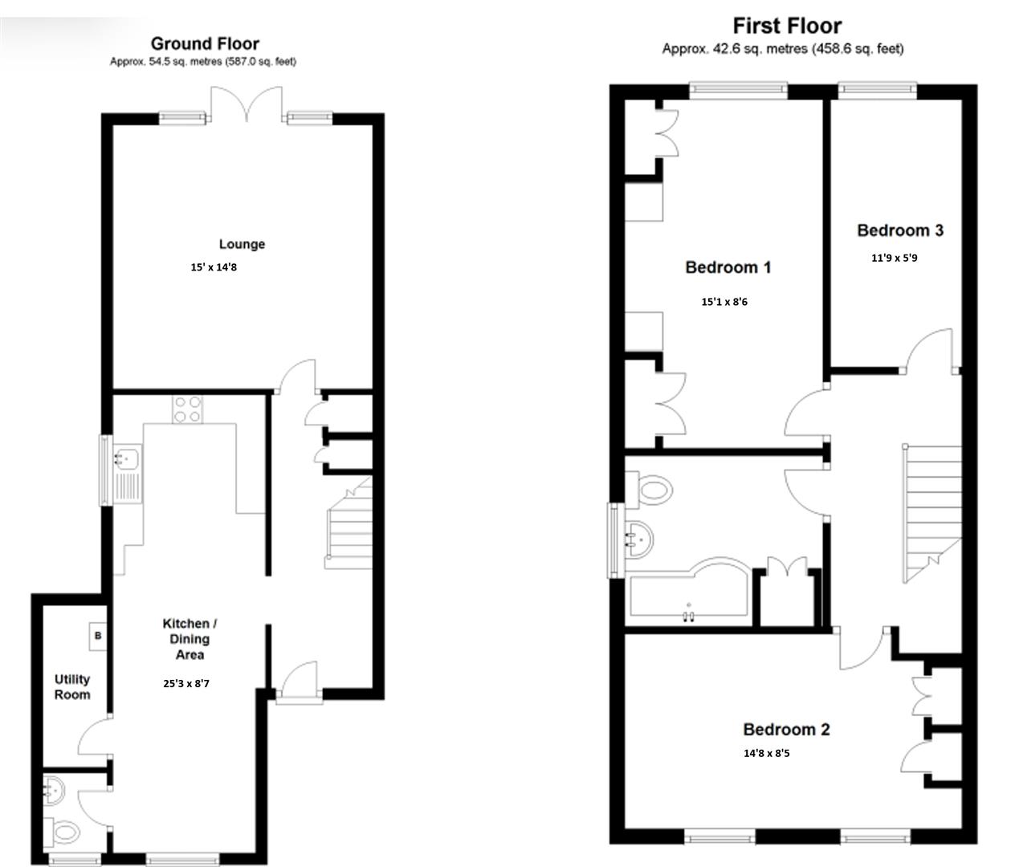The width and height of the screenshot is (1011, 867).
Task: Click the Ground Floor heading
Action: coord(205,43)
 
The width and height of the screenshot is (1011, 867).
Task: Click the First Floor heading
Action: coord(786,26)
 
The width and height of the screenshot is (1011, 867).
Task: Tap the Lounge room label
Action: coord(242,244)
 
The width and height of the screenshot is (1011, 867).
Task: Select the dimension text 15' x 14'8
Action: coord(214,267)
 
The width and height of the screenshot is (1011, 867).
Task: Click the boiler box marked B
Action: coord(98,636)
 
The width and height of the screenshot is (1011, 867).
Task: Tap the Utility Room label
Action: coord(72,687)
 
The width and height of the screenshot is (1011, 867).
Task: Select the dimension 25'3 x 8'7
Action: coord(186,684)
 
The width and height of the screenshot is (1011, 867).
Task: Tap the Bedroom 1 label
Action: coord(728,267)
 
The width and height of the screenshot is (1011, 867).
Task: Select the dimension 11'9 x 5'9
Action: coord(894,258)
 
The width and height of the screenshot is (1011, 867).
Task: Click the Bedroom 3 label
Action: coord(900,230)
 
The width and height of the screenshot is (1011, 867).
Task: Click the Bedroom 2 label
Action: coord(786,730)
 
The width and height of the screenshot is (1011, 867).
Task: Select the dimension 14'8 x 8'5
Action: coord(766,753)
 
